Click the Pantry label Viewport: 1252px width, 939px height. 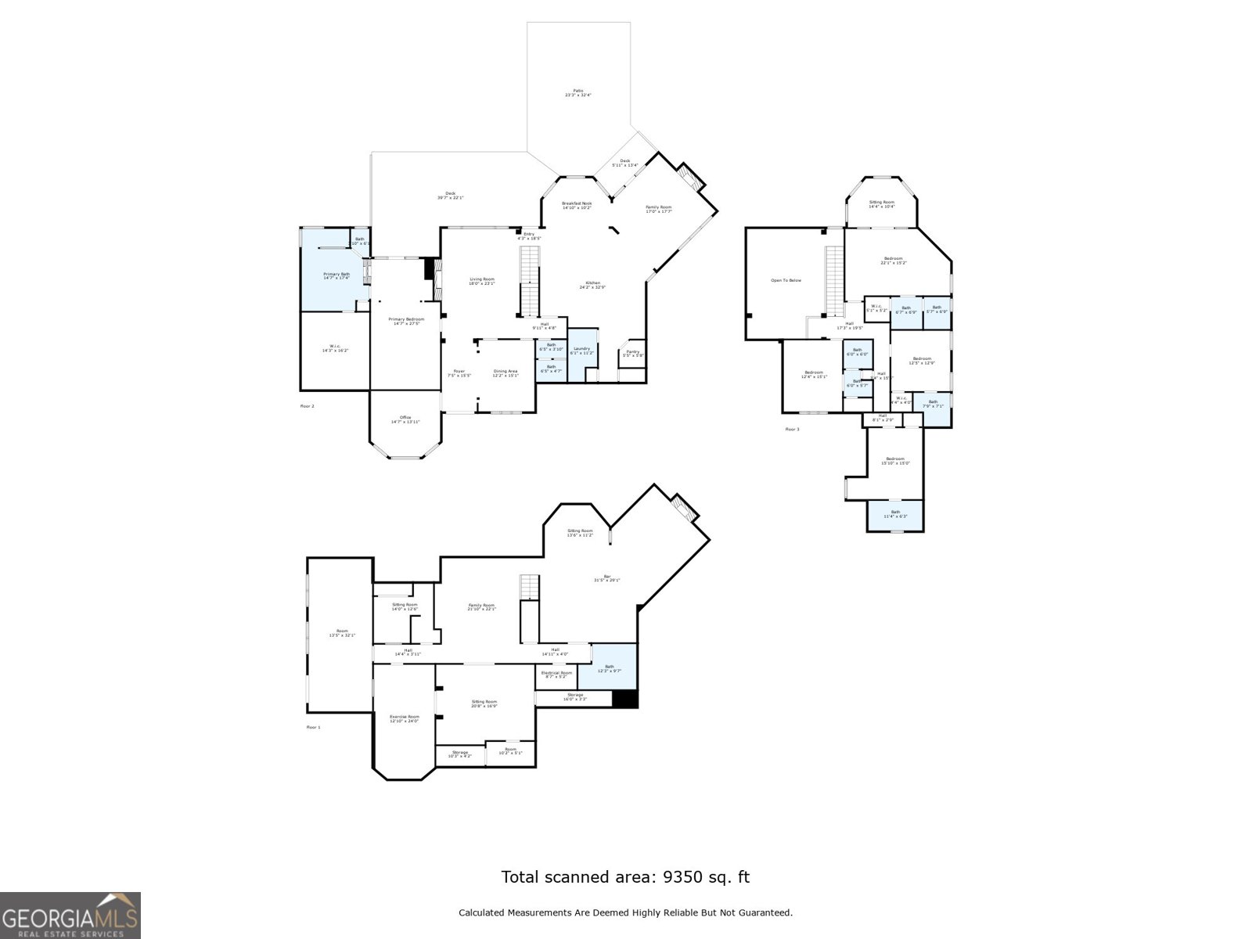tap(632, 353)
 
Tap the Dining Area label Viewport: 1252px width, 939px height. tap(505, 372)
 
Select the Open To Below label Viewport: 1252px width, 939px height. tap(786, 280)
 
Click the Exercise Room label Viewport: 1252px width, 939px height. tap(405, 718)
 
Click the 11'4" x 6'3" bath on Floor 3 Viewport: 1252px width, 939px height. tap(895, 514)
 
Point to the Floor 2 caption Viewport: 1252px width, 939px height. tap(308, 406)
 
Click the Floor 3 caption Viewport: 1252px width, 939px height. tap(792, 430)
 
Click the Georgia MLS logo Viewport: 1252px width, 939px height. tap(70, 915)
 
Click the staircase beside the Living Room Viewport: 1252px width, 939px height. tap(531, 280)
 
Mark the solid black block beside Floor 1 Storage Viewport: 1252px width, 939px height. tap(624, 700)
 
